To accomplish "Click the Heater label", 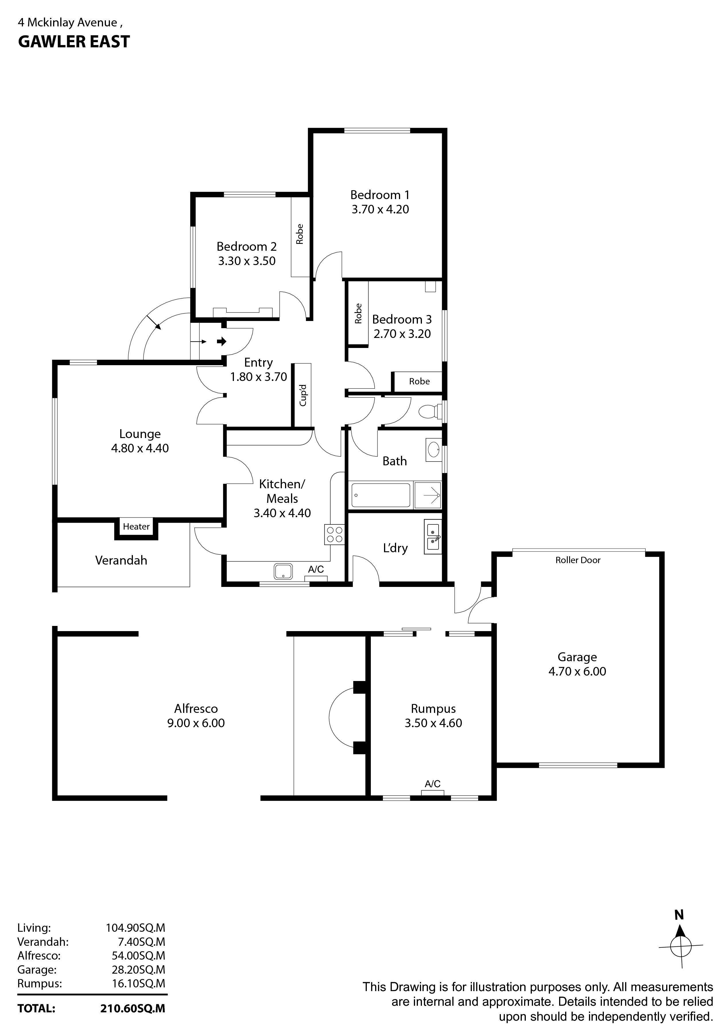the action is [x=136, y=526].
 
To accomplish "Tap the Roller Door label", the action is [x=578, y=560].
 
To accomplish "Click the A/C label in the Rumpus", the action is [x=433, y=784].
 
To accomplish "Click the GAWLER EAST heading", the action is [x=74, y=42].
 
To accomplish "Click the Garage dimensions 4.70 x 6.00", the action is [x=577, y=671].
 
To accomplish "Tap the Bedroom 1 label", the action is [x=380, y=195].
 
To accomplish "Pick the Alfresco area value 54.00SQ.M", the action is [x=138, y=955].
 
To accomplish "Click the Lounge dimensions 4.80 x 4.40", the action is [x=140, y=448].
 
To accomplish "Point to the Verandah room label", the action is [x=121, y=560].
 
